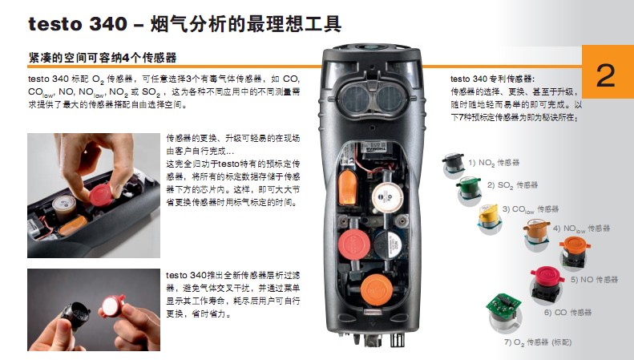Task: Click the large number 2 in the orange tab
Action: click(x=605, y=75)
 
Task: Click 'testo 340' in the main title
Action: click(x=78, y=24)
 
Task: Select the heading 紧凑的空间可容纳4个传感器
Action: click(x=103, y=58)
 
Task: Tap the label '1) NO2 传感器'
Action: click(x=494, y=163)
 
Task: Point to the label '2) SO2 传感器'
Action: click(x=512, y=185)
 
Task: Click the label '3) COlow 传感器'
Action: click(x=531, y=209)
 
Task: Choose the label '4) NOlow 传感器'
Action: click(x=581, y=229)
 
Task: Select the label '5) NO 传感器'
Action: click(x=595, y=280)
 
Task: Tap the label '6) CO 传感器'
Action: click(x=567, y=312)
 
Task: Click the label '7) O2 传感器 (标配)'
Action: click(x=538, y=342)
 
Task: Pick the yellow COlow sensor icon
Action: click(x=488, y=216)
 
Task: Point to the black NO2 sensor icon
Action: click(x=454, y=164)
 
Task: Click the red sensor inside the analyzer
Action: click(x=354, y=245)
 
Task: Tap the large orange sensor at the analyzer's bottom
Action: click(x=377, y=289)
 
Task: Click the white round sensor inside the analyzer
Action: click(x=387, y=197)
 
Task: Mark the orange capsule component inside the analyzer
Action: click(x=347, y=188)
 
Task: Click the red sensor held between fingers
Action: click(x=101, y=195)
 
